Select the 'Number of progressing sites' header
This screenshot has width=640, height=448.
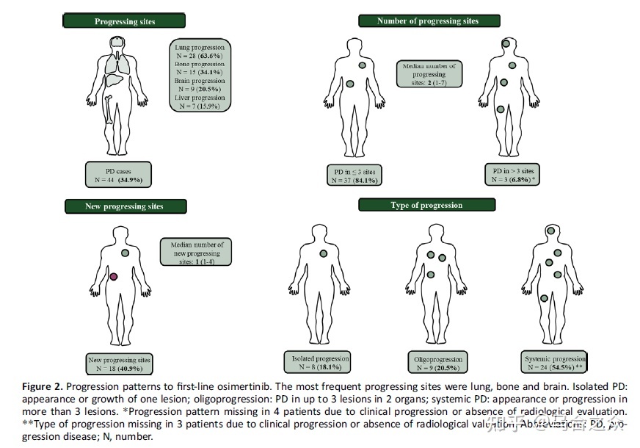[x=429, y=21]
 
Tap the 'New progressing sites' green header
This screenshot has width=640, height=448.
[x=124, y=206]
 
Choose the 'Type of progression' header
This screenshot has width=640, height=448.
[x=426, y=205]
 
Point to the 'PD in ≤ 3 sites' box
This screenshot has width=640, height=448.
[x=354, y=176]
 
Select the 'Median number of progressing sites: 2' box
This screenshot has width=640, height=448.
[x=429, y=75]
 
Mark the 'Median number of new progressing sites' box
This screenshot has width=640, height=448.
[x=196, y=253]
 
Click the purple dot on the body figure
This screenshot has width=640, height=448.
[x=114, y=277]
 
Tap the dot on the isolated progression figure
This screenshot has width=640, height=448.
[x=323, y=253]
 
